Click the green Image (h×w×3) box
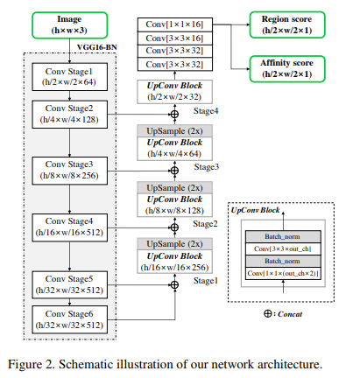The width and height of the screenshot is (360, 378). pos(69,25)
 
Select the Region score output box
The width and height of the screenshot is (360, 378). pos(287,24)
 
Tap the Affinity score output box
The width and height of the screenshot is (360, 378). pos(287,69)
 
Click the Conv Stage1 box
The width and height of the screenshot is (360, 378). pos(69,77)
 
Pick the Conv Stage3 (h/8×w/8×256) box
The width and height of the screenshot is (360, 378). pos(69,171)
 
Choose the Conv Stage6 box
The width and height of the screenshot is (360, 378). pos(69,319)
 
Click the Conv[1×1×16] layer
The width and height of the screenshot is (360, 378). pos(175,24)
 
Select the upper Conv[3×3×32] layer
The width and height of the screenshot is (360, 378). pos(175,51)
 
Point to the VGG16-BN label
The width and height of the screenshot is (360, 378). pos(97,47)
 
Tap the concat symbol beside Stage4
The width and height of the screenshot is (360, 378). pos(174,114)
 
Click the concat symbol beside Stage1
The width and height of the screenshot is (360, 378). pos(174,284)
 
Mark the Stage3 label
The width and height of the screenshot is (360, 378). pos(207,167)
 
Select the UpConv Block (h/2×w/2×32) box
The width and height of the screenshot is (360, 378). pos(175,92)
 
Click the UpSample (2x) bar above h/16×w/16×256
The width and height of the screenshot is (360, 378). pos(175,244)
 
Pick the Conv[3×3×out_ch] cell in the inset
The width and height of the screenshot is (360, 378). pos(283,248)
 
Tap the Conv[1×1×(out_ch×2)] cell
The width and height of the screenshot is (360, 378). pos(283,274)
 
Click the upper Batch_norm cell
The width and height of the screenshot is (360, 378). pos(283,236)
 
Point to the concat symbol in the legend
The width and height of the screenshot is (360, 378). pos(267,313)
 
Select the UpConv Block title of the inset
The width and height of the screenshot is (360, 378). pos(255,210)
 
